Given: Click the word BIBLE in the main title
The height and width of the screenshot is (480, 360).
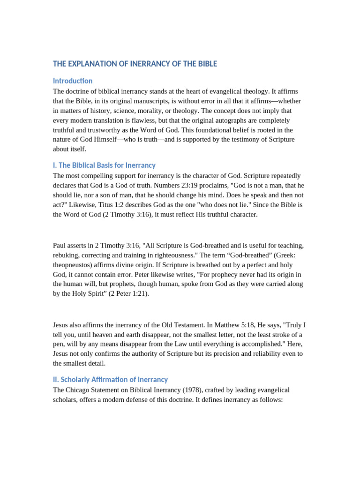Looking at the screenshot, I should [x=207, y=64].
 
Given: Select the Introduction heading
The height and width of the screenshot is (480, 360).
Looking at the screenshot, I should [x=73, y=81].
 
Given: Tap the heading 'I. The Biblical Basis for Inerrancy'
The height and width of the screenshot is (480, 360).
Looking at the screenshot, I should [x=104, y=165].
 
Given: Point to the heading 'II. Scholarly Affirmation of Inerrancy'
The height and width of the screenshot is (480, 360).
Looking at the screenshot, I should [x=110, y=380].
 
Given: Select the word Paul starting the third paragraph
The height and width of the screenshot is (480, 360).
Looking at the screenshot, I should [x=60, y=245].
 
